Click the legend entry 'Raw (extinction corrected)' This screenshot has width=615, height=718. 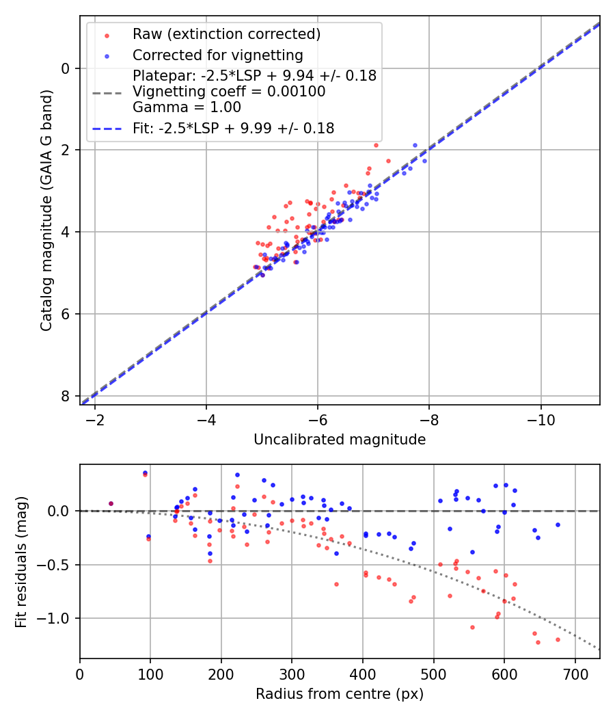click(226, 34)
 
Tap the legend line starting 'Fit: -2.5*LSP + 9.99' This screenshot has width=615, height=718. click(233, 129)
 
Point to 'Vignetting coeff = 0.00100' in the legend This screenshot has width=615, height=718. click(229, 92)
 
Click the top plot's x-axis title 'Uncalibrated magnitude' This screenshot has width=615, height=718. click(340, 440)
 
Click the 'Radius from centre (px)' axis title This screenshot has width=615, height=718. click(340, 694)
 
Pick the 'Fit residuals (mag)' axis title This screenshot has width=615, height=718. click(21, 561)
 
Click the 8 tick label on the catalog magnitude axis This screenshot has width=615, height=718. click(66, 396)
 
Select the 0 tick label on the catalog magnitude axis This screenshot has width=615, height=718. click(66, 68)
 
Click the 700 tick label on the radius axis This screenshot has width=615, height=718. click(575, 673)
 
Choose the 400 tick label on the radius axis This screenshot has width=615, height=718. click(363, 673)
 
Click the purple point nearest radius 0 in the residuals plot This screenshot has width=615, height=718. click(111, 503)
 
